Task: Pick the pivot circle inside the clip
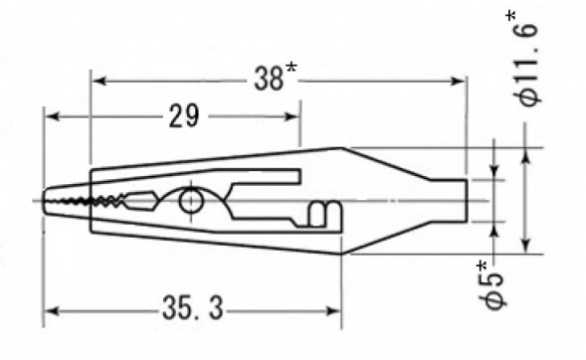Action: [190, 204]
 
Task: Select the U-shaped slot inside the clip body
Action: [318, 214]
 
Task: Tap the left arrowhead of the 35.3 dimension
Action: [48, 311]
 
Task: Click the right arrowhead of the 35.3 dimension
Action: [339, 311]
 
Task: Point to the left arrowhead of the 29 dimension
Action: [48, 117]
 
